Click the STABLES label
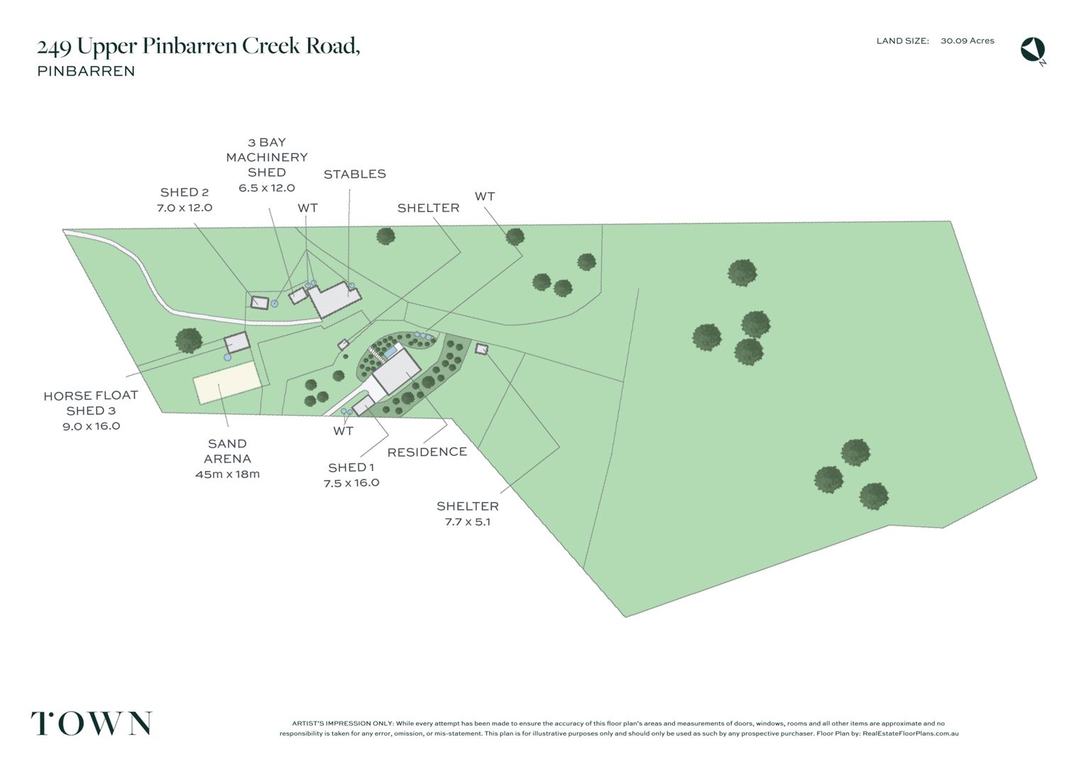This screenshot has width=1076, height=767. (x=354, y=174)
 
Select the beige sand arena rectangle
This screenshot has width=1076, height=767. (x=226, y=382)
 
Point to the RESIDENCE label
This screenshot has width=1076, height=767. (x=427, y=452)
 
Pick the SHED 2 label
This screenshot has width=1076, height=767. (x=184, y=200)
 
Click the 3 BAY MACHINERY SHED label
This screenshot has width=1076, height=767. (x=266, y=165)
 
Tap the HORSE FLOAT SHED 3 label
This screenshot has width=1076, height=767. (x=90, y=410)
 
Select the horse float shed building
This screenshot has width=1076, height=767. (x=237, y=342)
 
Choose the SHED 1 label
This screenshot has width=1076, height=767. (x=351, y=474)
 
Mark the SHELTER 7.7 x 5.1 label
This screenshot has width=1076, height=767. (x=467, y=513)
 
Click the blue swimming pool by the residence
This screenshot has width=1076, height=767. (x=390, y=351)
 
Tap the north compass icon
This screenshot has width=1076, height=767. (x=1033, y=50)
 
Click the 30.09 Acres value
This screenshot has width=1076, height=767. (x=967, y=41)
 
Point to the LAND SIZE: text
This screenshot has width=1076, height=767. (x=902, y=41)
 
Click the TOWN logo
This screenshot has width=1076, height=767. (x=92, y=724)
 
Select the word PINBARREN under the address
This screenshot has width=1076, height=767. (x=86, y=71)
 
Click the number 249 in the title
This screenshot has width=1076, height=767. (x=54, y=47)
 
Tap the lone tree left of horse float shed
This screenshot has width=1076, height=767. (x=189, y=340)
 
